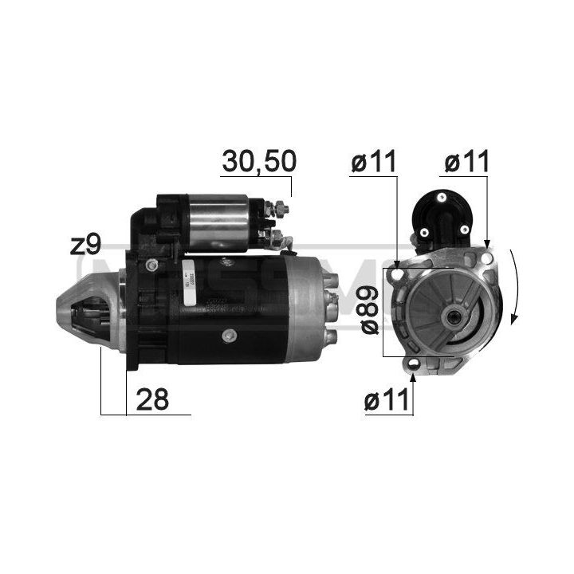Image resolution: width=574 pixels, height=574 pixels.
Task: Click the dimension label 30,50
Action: pyautogui.click(x=258, y=161)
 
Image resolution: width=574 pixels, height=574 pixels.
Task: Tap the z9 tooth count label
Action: pyautogui.click(x=85, y=245)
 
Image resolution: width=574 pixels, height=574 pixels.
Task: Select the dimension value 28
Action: pyautogui.click(x=153, y=399)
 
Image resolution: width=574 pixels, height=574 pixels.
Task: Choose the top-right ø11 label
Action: pyautogui.click(x=466, y=162)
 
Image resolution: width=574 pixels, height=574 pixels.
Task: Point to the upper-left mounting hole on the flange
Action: pyautogui.click(x=396, y=275)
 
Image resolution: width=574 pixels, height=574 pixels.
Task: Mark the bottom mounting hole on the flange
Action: pyautogui.click(x=414, y=365)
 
